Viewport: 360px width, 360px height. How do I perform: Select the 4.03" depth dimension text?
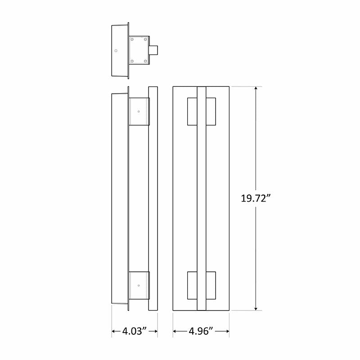(135, 332)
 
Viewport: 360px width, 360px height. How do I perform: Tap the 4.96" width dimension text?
(201, 332)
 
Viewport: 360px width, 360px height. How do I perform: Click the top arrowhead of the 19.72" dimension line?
(256, 89)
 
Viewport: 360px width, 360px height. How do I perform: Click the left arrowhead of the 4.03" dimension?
(114, 332)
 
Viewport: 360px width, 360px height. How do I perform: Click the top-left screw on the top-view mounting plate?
(132, 40)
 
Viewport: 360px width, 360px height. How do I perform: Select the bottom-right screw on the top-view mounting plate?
(145, 61)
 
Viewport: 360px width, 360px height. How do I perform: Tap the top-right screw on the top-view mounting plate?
(145, 40)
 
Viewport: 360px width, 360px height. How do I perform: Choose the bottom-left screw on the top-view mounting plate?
(132, 61)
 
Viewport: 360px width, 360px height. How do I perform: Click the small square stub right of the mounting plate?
(153, 50)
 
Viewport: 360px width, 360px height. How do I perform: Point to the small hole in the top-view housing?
(116, 50)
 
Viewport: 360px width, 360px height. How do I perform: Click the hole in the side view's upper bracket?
(139, 111)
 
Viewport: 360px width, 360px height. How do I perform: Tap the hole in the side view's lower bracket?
(139, 285)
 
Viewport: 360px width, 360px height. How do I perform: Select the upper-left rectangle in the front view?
(192, 111)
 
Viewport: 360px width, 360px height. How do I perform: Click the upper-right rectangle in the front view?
(211, 111)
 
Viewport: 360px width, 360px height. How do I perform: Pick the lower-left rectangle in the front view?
(192, 285)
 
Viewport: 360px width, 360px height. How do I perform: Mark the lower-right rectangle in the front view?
(211, 285)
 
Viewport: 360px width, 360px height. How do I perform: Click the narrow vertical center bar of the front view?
(201, 198)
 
